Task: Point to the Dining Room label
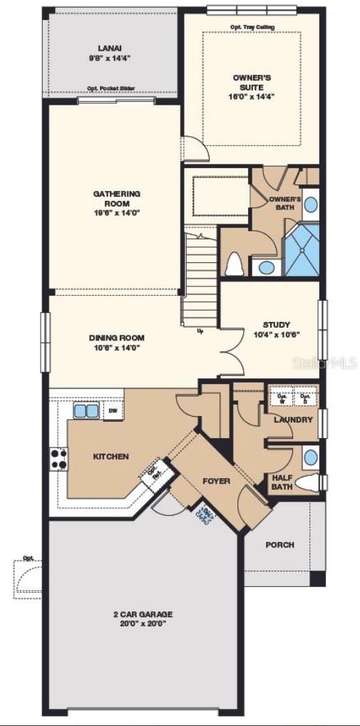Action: tap(117, 338)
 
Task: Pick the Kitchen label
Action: tap(110, 456)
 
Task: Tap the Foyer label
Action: tap(216, 481)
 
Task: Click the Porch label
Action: tap(279, 545)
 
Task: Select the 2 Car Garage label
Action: tap(143, 614)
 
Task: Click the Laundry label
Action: tap(293, 420)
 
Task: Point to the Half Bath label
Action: tap(282, 482)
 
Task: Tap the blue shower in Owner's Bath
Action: tap(302, 251)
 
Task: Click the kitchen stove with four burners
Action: tap(58, 459)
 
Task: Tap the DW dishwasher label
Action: tap(113, 411)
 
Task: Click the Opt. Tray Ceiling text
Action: tap(252, 27)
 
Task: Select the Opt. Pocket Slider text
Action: tap(111, 89)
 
